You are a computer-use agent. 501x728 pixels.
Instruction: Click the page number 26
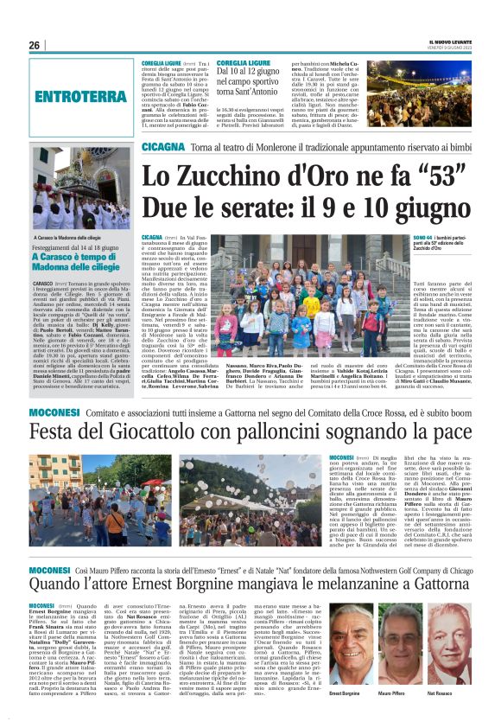point(35,45)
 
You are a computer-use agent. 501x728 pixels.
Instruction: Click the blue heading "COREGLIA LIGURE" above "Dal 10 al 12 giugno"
point(244,63)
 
